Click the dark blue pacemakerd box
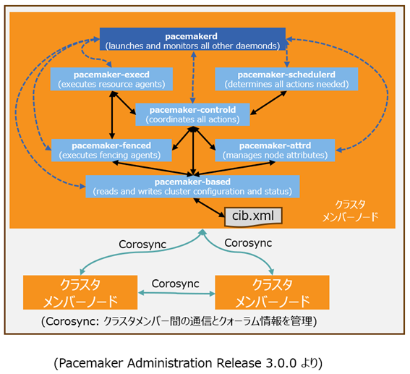(x=192, y=39)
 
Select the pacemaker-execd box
(x=111, y=79)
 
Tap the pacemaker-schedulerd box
(x=286, y=79)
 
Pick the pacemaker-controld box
(x=192, y=114)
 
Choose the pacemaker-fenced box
(x=111, y=150)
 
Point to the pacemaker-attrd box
(x=275, y=150)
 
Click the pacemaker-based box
(x=192, y=186)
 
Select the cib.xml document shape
(x=253, y=216)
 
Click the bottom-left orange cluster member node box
(x=80, y=292)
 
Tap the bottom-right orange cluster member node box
(x=272, y=292)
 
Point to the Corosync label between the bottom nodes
(x=176, y=284)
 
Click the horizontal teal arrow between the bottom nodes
(x=176, y=294)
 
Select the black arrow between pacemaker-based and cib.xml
(x=209, y=208)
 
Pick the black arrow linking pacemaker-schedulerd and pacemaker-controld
(x=268, y=103)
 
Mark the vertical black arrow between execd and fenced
(x=112, y=115)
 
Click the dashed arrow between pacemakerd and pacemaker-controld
(x=193, y=77)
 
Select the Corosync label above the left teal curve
(x=142, y=245)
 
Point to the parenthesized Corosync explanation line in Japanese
(x=179, y=321)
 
